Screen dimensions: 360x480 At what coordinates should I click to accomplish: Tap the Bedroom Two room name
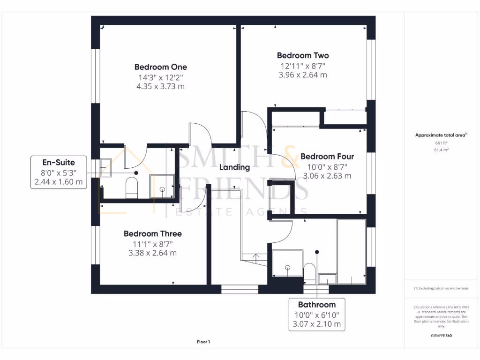point(302,55)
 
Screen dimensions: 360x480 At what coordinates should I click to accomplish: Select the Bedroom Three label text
point(152,233)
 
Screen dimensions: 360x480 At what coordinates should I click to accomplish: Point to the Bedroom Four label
point(327,157)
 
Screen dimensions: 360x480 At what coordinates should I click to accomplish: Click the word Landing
point(235,167)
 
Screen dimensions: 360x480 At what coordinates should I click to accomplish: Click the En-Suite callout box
point(59,172)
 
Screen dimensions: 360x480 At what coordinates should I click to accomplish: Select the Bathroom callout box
point(317,314)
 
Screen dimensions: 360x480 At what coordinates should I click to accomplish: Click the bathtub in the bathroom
point(351,251)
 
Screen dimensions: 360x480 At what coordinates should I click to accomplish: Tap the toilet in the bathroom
point(308,272)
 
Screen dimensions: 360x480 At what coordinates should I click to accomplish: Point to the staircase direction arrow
point(255,256)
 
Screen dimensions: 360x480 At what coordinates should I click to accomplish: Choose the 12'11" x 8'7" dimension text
point(302,66)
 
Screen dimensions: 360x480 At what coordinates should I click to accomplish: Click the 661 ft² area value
point(441,143)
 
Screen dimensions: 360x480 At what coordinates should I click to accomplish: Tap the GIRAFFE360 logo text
point(441,336)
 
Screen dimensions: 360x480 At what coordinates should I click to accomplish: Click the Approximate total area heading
point(441,135)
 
